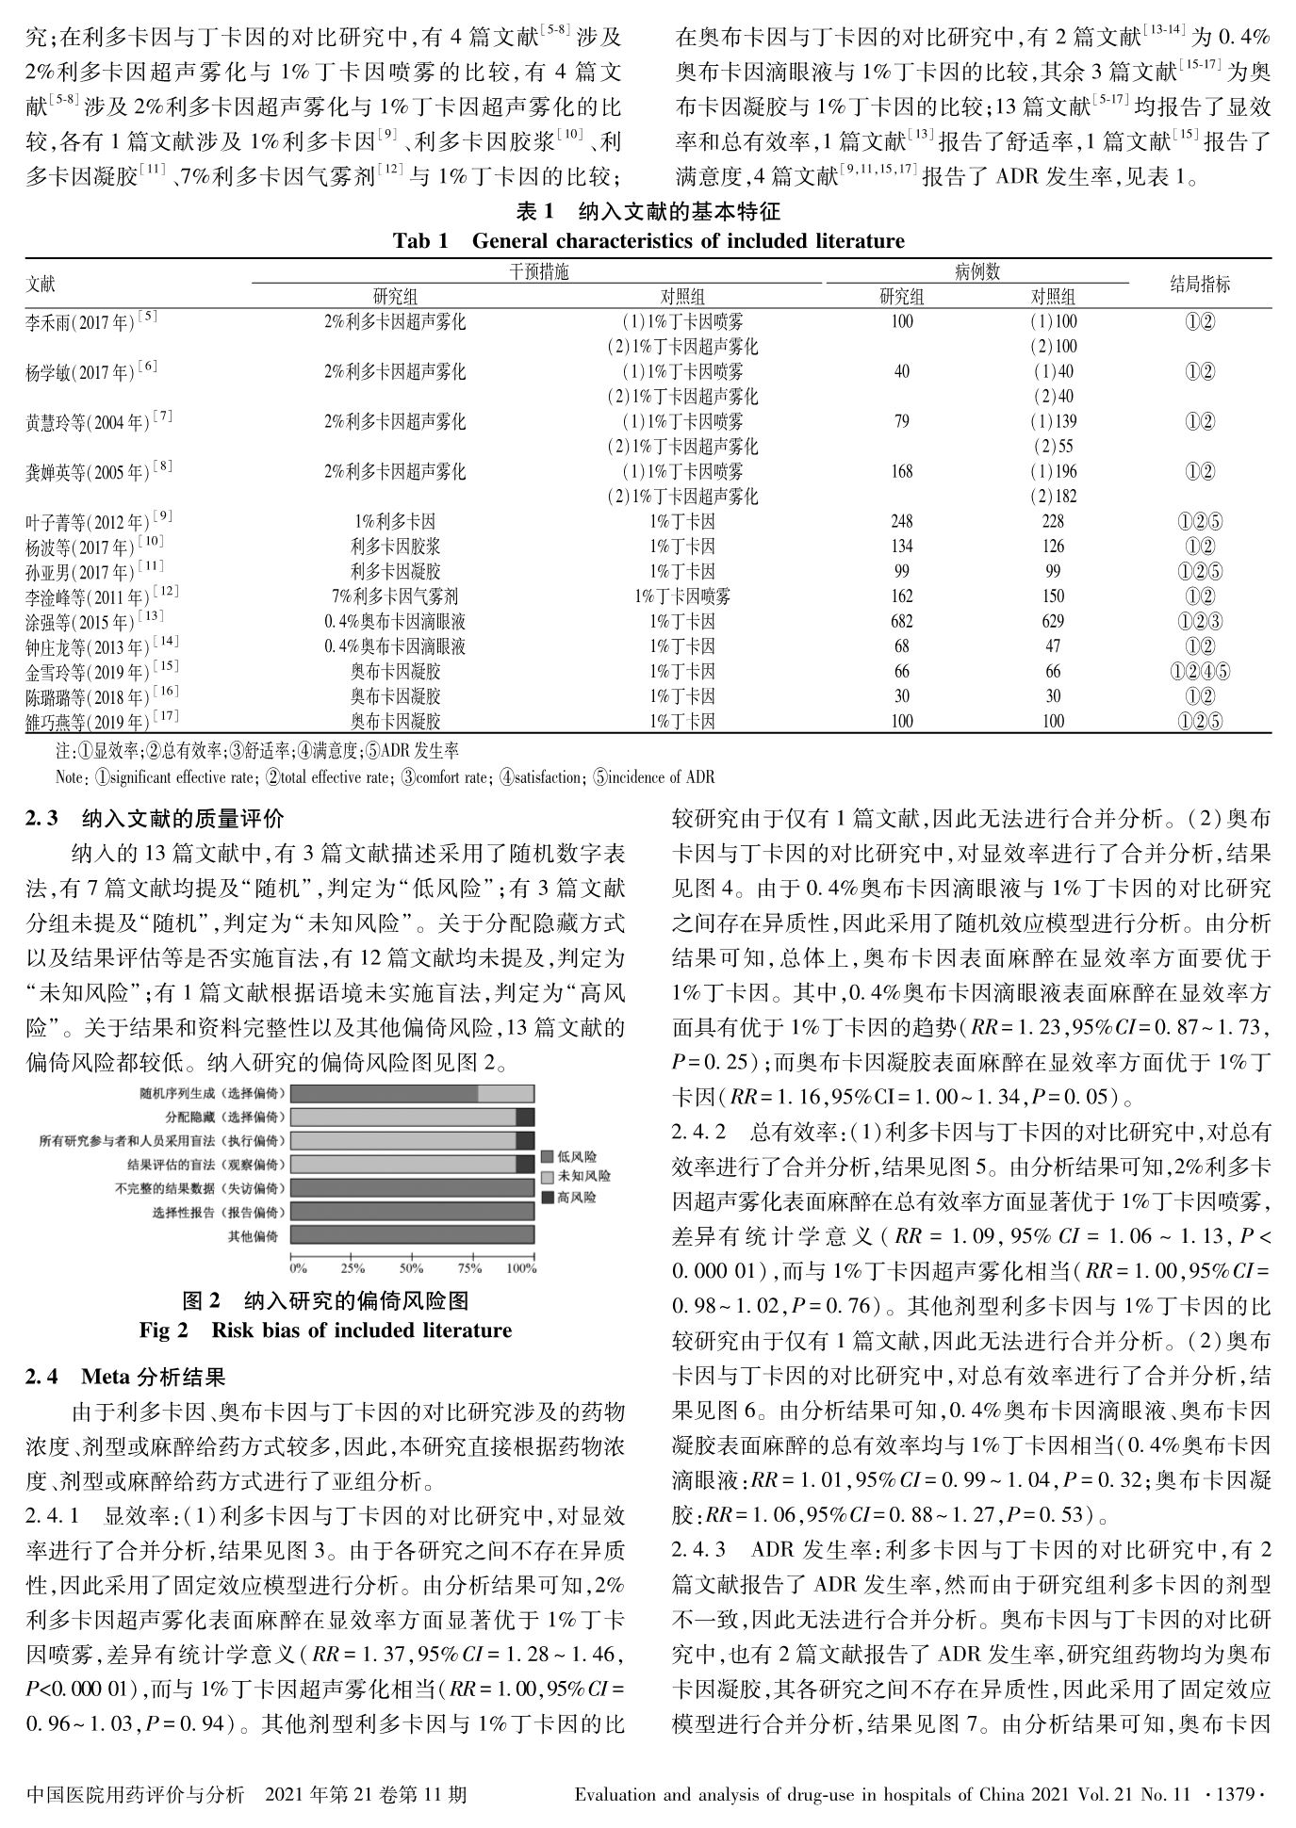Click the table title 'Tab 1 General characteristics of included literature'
click(x=648, y=241)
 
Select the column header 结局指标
click(x=1199, y=285)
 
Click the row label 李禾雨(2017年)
click(x=90, y=322)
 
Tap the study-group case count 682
click(x=901, y=622)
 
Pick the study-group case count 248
click(x=901, y=522)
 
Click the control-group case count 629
click(x=1053, y=622)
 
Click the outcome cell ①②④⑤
click(x=1199, y=672)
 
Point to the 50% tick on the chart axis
click(x=411, y=1268)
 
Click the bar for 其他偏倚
click(x=412, y=1234)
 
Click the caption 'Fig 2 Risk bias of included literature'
click(x=325, y=1330)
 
